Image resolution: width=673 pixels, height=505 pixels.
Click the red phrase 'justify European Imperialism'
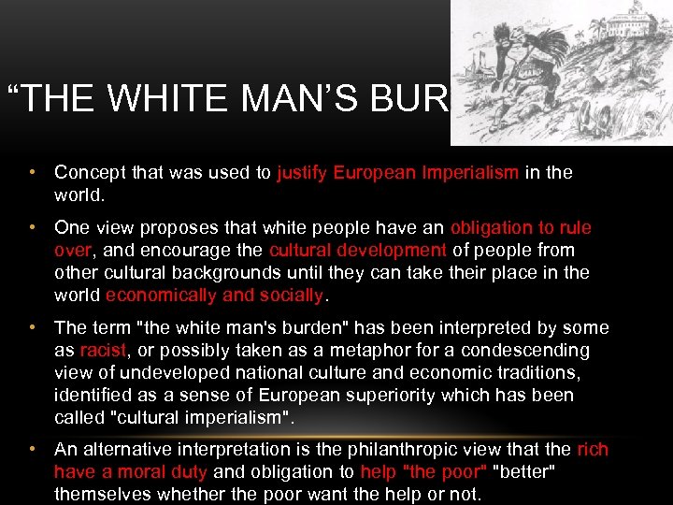click(398, 172)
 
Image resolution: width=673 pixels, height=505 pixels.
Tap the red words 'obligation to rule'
click(521, 228)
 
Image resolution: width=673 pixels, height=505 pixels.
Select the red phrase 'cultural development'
click(357, 251)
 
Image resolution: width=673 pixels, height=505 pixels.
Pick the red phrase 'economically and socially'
click(214, 296)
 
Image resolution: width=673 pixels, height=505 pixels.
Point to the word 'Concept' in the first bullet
click(90, 172)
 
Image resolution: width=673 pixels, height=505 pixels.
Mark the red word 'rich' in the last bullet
click(593, 450)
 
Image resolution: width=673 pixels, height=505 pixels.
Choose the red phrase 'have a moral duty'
click(125, 472)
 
